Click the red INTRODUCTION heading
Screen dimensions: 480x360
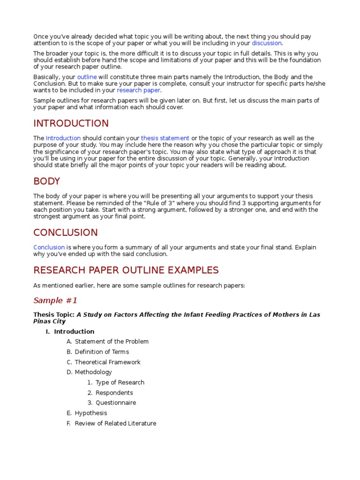71,124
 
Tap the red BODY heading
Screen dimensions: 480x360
46,181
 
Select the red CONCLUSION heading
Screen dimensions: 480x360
65,232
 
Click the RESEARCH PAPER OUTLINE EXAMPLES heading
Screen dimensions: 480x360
126,270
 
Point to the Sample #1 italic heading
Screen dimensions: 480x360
55,300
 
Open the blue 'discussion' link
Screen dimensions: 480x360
267,43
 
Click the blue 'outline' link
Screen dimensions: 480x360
87,77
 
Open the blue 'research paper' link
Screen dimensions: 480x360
138,90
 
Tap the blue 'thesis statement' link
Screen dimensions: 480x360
165,138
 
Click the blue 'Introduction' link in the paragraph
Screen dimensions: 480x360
63,138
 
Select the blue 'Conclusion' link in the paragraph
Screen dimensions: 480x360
49,247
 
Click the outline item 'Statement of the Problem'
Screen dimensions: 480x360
112,342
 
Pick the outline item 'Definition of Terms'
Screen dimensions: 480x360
102,352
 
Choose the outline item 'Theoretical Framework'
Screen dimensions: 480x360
107,362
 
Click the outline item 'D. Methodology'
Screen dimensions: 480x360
93,372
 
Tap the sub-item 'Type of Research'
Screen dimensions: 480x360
120,382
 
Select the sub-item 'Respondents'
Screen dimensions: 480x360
114,393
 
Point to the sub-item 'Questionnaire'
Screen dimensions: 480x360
116,403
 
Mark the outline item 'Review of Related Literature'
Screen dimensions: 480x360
115,423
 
